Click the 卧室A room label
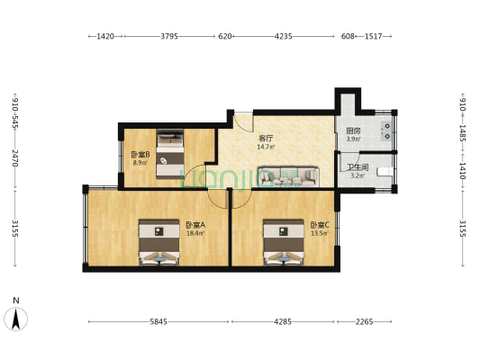click(195, 225)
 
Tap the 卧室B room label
click(139, 155)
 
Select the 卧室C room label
click(319, 225)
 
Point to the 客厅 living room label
click(266, 138)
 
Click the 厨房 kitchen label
click(354, 131)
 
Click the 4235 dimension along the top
click(284, 37)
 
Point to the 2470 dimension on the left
click(15, 160)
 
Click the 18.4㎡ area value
click(195, 233)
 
